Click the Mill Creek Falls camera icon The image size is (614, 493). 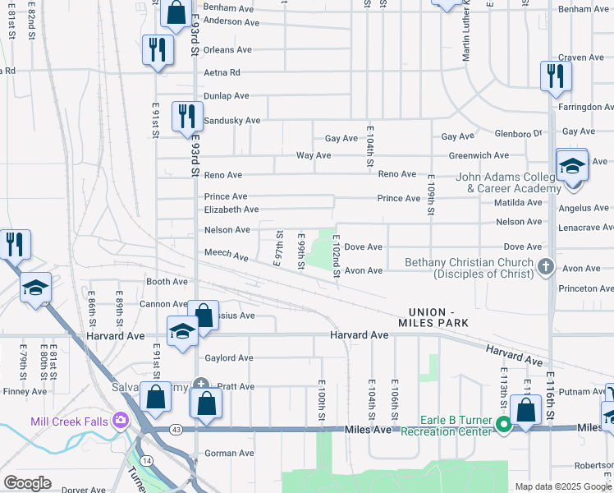pos(121,422)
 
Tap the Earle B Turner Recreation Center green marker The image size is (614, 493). pos(504,425)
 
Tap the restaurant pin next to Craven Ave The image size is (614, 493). pos(556,76)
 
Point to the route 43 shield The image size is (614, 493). pos(176,429)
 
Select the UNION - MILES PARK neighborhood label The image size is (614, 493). pos(440,317)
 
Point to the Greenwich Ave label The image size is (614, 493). pos(479,155)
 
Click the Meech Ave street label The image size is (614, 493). pos(226,256)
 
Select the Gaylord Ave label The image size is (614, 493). pos(228,358)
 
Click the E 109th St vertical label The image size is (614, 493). pos(431,195)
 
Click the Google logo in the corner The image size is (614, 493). pos(27,483)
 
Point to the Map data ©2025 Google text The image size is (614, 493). pos(563,486)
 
